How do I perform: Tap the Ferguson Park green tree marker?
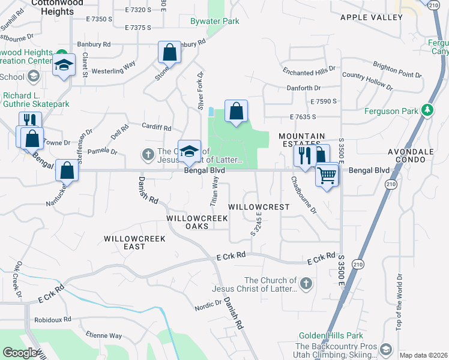point(427,110)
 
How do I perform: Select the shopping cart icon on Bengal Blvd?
point(327,176)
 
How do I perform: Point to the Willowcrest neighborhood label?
point(259,206)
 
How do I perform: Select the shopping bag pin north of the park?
point(237,111)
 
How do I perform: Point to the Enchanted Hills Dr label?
point(309,72)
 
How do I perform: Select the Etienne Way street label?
point(103,336)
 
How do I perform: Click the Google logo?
point(20,353)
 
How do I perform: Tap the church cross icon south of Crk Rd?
point(306,283)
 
